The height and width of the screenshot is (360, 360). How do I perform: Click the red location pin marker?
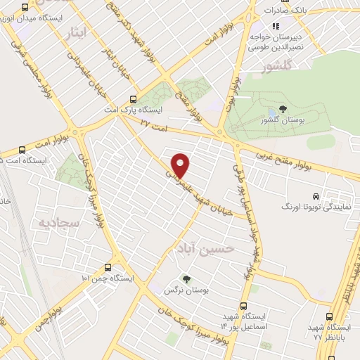coord(181,165)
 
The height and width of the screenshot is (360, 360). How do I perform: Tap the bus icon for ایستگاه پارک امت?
coord(134,99)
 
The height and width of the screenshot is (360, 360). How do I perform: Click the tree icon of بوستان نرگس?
coord(186,280)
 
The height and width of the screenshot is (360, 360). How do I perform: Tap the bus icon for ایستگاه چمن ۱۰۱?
coord(108,267)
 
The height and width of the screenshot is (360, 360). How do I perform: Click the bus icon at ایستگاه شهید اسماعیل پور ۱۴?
coord(243,306)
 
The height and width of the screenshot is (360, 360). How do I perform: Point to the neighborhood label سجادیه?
coord(51,224)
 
